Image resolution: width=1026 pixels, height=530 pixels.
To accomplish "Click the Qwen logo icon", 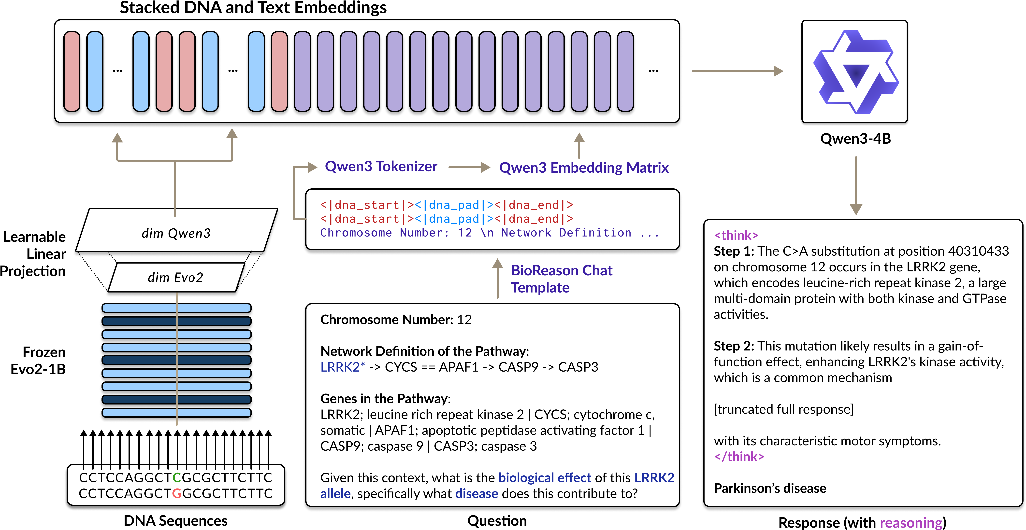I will click(x=855, y=72).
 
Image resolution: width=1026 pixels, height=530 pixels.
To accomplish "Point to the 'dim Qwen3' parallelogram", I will click(x=176, y=233).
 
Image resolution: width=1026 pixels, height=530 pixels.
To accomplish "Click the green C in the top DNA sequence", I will click(x=177, y=477).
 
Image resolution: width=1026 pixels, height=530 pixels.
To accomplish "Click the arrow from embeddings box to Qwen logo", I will click(x=737, y=71).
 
